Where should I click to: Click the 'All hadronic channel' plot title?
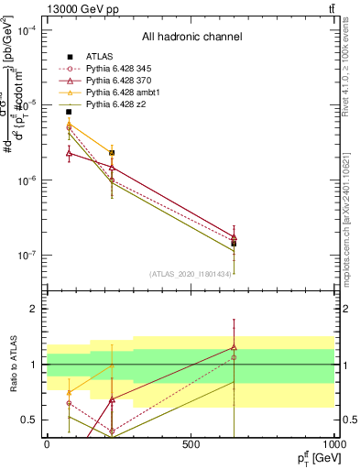tap(191, 38)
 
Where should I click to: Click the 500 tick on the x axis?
tap(191, 444)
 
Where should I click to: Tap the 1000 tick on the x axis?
tap(334, 444)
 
